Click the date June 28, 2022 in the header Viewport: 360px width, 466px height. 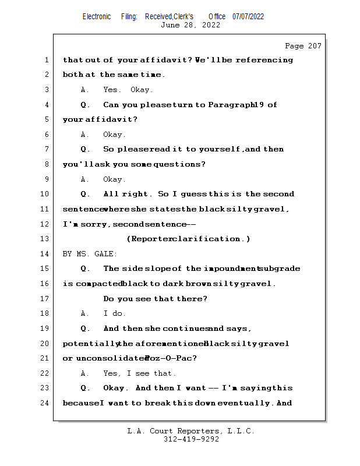190,25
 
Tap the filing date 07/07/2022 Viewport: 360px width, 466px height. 248,16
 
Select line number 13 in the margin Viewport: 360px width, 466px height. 46,239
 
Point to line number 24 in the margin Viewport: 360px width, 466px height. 46,403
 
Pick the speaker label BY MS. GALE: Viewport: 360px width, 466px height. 90,254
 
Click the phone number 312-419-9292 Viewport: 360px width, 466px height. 191,439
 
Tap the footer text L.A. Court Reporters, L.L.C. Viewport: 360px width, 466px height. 190,431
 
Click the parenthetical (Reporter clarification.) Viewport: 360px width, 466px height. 188,239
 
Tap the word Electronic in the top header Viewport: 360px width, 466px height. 97,16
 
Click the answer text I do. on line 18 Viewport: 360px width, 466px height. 115,313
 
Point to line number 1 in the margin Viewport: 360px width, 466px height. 46,60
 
